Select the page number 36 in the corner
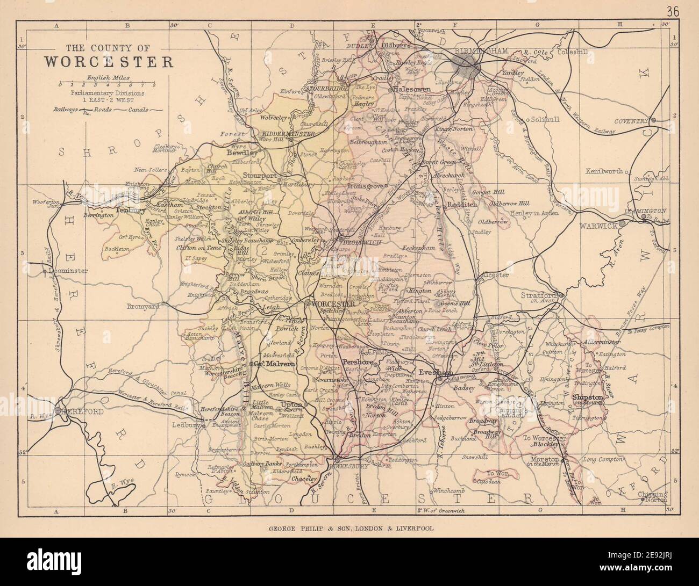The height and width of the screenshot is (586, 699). (672, 11)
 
